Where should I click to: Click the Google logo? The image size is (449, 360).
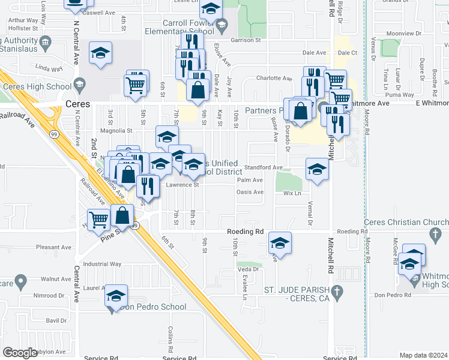click(x=20, y=353)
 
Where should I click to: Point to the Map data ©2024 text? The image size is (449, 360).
click(x=424, y=355)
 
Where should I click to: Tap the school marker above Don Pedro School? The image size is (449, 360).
click(x=116, y=296)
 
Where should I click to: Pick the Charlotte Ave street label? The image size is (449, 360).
click(x=274, y=78)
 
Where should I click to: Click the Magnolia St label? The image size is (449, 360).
click(x=116, y=130)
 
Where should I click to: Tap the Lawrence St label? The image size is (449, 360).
click(x=182, y=185)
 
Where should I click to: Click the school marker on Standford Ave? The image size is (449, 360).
click(x=317, y=170)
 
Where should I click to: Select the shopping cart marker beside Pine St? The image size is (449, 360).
click(x=99, y=220)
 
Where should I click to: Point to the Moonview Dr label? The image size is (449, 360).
click(x=402, y=34)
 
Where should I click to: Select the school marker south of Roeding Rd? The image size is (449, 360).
click(x=280, y=244)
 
